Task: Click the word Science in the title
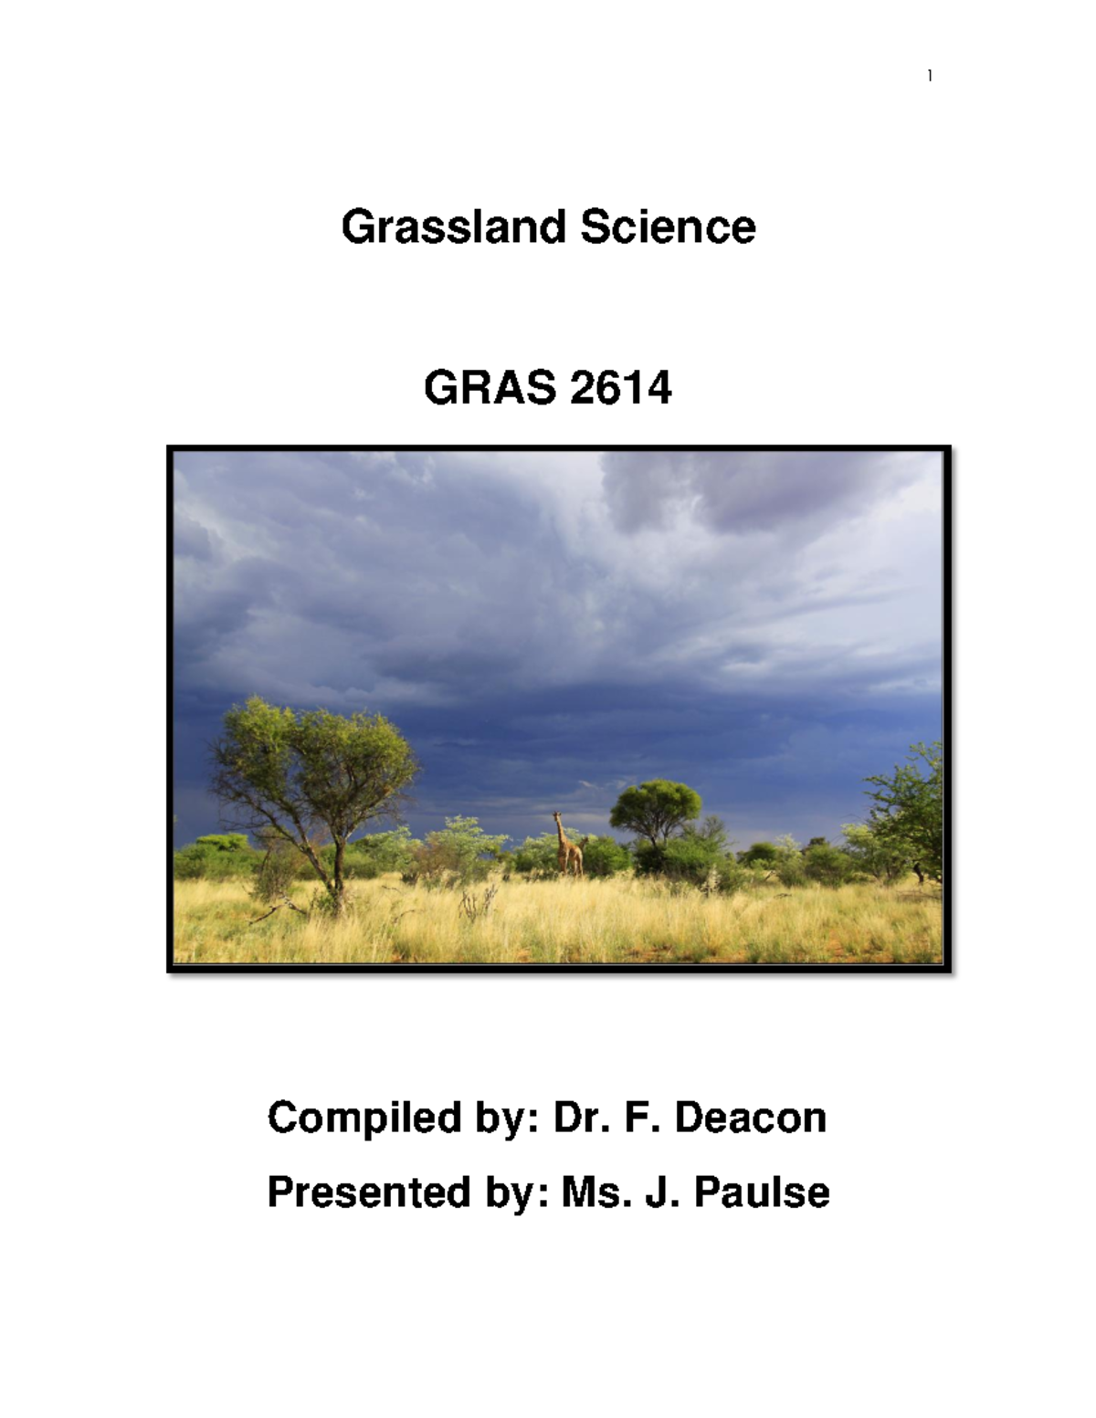[668, 226]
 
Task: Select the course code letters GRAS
[490, 389]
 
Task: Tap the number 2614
[620, 389]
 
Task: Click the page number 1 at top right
[930, 76]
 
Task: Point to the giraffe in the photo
[568, 847]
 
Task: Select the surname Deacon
[750, 1118]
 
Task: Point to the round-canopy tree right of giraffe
[655, 805]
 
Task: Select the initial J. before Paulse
[662, 1192]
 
